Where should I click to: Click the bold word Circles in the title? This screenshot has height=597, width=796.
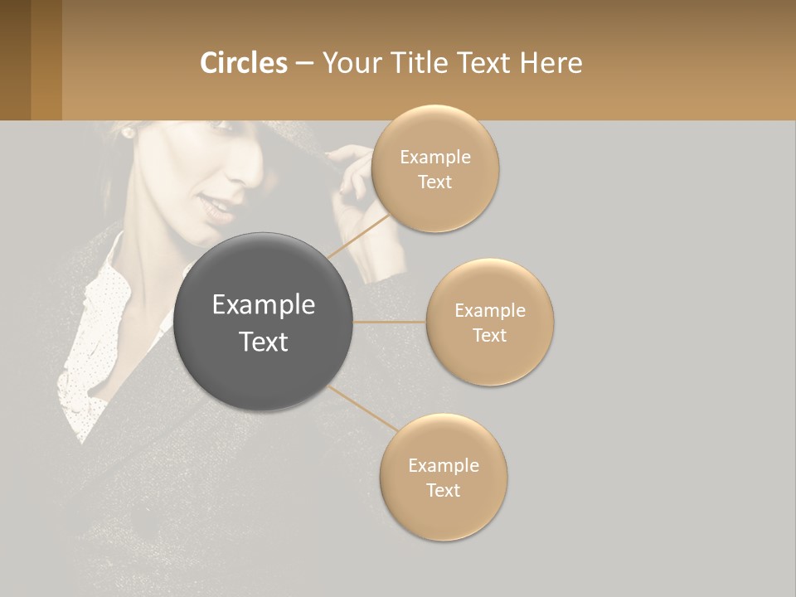[244, 62]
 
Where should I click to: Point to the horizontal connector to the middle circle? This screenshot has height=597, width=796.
[389, 322]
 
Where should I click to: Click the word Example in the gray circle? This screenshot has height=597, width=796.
[263, 305]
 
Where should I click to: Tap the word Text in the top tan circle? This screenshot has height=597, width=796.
[434, 182]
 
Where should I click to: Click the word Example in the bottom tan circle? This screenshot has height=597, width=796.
[443, 465]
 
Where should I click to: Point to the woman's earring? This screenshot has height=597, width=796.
[129, 131]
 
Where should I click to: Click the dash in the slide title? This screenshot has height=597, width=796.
[304, 63]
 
